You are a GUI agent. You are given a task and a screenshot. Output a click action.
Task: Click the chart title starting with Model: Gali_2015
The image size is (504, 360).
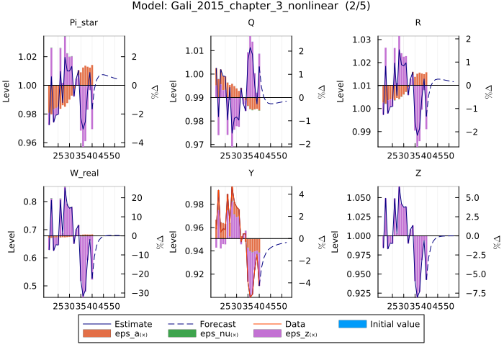coord(251,6)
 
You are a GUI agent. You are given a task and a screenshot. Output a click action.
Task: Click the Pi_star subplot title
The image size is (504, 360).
coord(84,22)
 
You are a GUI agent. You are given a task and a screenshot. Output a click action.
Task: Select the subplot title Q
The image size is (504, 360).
coord(251,22)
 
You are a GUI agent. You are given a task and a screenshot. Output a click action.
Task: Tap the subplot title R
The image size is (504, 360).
coord(418,22)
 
